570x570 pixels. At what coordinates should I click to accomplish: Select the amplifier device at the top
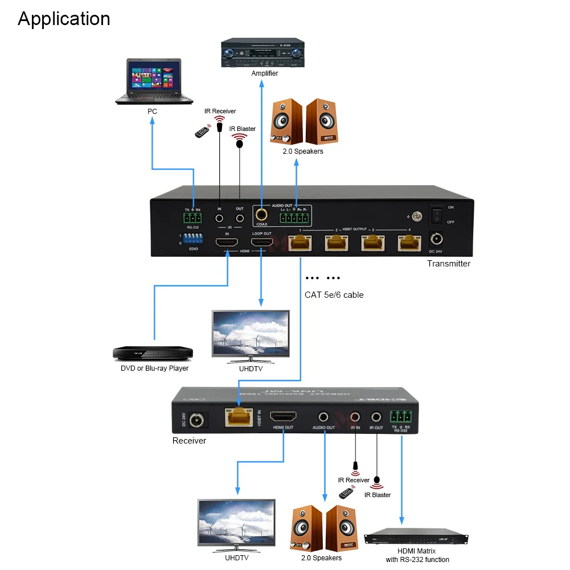261,53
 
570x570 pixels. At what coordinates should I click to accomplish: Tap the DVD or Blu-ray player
153,353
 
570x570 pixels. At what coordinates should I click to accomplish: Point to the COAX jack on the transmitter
261,216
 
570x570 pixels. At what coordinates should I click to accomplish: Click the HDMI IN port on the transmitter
227,243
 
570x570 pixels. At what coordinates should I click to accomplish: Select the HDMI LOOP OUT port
261,243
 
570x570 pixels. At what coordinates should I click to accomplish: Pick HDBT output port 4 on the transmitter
408,243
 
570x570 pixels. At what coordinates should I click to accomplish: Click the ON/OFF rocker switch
436,214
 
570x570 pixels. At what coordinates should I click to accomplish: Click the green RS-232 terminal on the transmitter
193,218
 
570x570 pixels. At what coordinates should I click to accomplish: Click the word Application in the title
64,19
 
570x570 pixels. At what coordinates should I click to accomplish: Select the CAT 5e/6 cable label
334,295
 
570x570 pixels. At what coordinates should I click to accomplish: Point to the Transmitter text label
449,264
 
